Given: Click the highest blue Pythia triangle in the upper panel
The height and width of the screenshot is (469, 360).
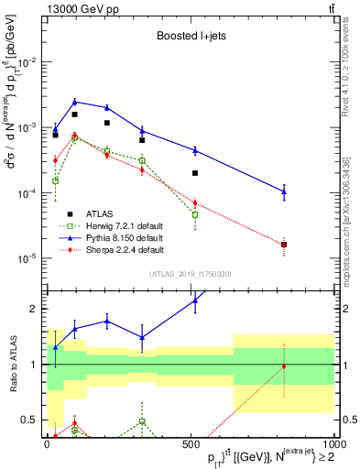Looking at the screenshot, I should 75,102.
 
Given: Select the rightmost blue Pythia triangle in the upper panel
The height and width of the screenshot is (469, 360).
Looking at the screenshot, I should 284,191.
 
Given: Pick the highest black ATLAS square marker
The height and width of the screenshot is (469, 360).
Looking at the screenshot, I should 75,115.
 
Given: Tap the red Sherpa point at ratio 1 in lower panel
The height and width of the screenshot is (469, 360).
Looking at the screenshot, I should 284,366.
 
